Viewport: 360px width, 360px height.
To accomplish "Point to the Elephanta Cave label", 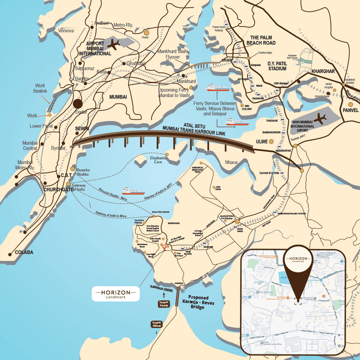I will (x=155, y=160).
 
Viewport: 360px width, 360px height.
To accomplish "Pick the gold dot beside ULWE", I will (x=271, y=141).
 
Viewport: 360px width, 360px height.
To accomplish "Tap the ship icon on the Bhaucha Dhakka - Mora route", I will (x=131, y=190).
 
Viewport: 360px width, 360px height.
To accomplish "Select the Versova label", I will (x=67, y=31).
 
